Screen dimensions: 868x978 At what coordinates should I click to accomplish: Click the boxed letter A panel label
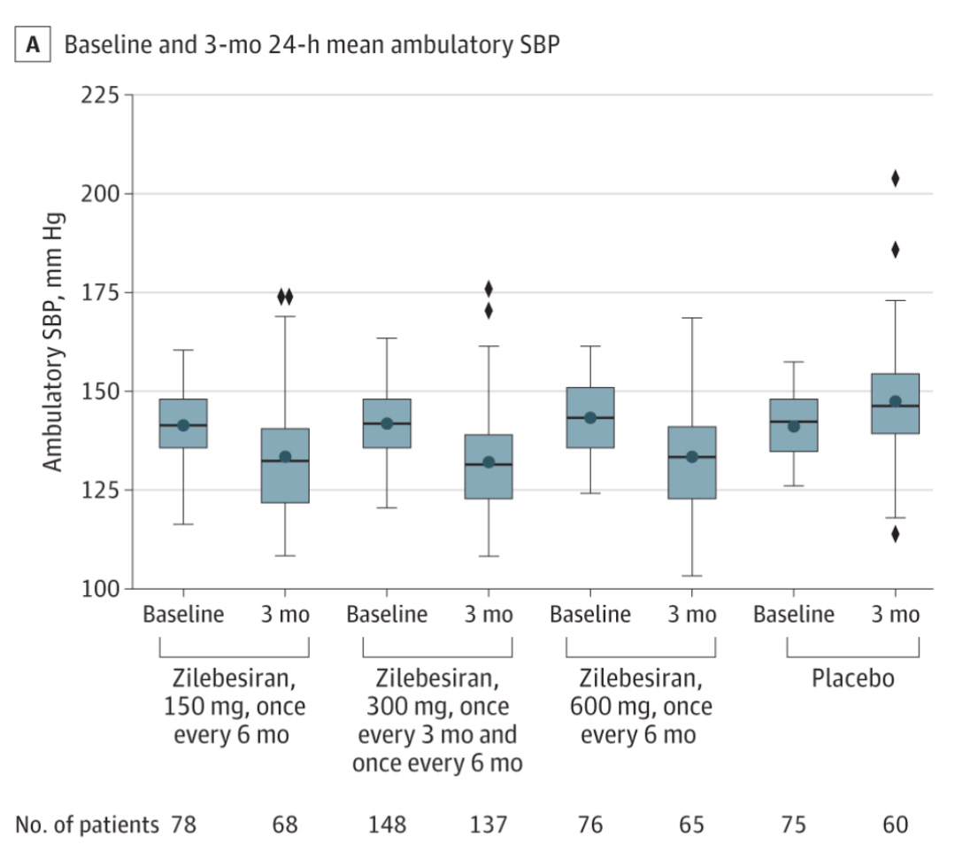point(34,45)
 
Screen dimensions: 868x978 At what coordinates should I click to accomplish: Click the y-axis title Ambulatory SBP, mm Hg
point(54,341)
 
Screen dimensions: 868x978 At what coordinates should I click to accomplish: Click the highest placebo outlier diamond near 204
point(895,179)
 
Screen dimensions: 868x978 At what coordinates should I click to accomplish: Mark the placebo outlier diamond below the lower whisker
point(895,534)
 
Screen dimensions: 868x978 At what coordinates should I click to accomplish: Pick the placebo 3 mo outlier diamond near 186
point(895,250)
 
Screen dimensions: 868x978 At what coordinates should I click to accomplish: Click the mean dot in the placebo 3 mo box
point(895,401)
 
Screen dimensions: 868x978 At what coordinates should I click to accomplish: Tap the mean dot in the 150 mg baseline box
point(183,425)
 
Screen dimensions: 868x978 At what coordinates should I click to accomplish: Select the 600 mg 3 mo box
point(692,462)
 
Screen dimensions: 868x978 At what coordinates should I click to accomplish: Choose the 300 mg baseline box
point(387,423)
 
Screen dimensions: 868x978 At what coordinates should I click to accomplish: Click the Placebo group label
point(853,680)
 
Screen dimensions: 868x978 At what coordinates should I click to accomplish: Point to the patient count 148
point(387,825)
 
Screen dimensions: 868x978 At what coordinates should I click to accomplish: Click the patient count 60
point(895,825)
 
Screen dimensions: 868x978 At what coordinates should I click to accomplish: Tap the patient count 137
point(489,825)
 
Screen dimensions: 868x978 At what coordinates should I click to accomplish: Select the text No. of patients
point(85,825)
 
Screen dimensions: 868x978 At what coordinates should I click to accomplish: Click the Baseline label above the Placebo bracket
point(794,615)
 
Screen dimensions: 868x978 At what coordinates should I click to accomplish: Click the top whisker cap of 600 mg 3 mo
point(692,317)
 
